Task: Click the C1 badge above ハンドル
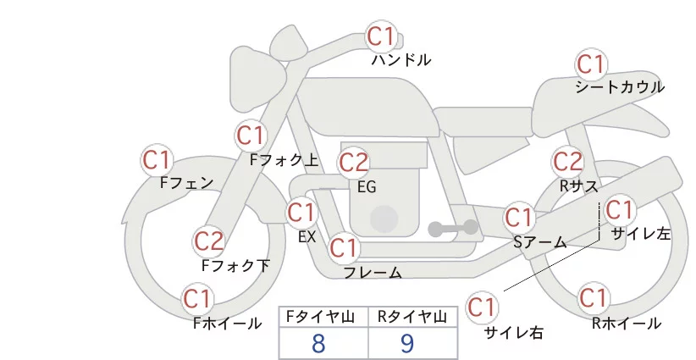pos(381,36)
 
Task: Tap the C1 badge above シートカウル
pos(590,64)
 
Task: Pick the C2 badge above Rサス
pos(567,161)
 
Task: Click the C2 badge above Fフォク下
pos(208,241)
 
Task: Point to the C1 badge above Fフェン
pos(157,159)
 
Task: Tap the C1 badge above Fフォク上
pos(251,135)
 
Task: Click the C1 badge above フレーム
pos(344,248)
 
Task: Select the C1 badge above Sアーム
pos(519,217)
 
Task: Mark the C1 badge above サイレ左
pos(619,208)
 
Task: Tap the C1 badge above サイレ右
pos(483,306)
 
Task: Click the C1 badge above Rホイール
pos(593,298)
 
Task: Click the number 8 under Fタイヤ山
pos(318,343)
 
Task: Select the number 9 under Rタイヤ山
pos(407,343)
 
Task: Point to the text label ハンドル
pos(401,60)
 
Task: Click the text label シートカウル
pos(619,87)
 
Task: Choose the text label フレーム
pos(373,273)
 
